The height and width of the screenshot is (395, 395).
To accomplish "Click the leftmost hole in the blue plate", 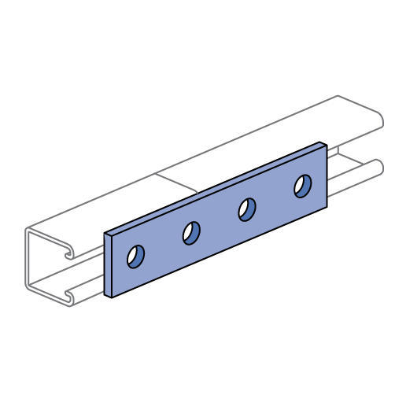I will tap(135, 257).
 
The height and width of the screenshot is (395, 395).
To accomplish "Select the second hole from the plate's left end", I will tap(191, 233).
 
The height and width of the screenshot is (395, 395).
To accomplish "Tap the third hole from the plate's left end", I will tap(247, 209).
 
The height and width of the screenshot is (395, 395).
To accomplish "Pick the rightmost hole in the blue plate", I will tap(303, 186).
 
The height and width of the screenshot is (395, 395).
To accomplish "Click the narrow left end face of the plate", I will tap(108, 265).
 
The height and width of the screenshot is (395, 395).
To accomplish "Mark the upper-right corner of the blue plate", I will tap(326, 146).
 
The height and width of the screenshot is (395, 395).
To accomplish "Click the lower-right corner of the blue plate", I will tap(326, 206).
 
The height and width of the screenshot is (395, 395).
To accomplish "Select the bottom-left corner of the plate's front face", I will tap(113, 297).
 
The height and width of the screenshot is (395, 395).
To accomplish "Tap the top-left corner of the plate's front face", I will tap(113, 237).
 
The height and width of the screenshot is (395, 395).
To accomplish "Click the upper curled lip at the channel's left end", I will tap(70, 252).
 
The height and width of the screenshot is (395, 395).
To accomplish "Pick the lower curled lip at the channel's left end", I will tap(70, 297).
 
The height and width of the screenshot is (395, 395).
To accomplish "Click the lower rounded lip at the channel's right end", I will tap(379, 167).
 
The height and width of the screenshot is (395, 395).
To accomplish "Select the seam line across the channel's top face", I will tap(176, 182).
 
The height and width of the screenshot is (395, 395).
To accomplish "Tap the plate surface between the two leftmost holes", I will tap(164, 245).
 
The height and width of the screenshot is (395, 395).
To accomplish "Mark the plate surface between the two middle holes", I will tap(220, 221).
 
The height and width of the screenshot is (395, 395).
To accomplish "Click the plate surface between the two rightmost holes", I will tap(275, 198).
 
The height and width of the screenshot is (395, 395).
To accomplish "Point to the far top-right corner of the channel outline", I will tap(338, 96).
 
